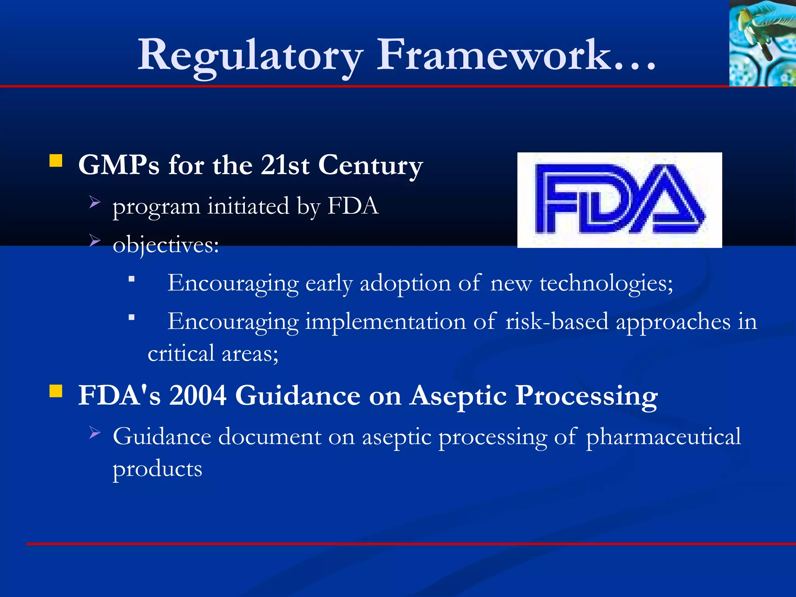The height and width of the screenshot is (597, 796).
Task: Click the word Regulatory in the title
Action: (251, 55)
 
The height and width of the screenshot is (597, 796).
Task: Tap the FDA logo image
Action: (620, 200)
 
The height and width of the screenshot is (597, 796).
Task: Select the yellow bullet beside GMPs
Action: (56, 161)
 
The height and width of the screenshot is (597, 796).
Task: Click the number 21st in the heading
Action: (285, 166)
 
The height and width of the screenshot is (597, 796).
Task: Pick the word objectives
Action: (166, 245)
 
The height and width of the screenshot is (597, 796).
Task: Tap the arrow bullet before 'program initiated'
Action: (94, 202)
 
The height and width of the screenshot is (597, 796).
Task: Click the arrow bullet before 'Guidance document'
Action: (94, 432)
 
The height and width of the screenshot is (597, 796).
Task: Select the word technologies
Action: (606, 283)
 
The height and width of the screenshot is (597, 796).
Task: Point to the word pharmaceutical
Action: (663, 437)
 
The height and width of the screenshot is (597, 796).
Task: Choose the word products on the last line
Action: (157, 469)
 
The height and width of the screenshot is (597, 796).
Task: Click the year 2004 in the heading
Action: (198, 396)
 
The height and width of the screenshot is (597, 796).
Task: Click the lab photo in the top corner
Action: (762, 43)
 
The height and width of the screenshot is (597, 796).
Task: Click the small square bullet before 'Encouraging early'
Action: (132, 279)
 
